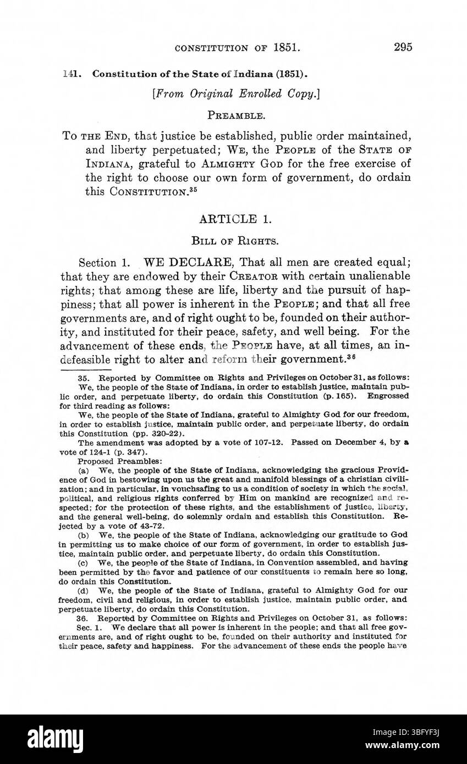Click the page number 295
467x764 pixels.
pyautogui.click(x=403, y=47)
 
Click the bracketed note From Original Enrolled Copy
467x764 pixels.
pyautogui.click(x=236, y=94)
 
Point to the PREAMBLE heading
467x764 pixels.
pyautogui.click(x=237, y=115)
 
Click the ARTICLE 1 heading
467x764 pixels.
pyautogui.click(x=237, y=219)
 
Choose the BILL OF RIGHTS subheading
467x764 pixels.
pyautogui.click(x=237, y=240)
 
